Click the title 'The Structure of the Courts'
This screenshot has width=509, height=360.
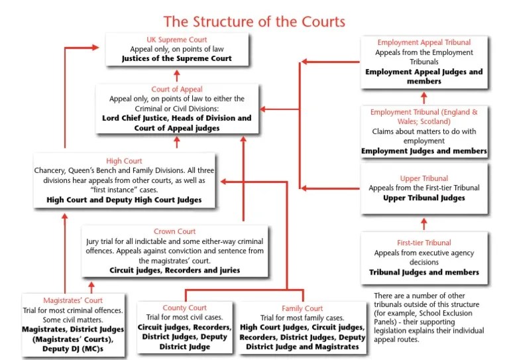tap(254, 21)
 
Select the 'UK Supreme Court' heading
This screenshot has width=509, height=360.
tap(176, 39)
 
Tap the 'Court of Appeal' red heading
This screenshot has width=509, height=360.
tap(176, 89)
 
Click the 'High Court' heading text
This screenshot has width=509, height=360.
tap(124, 161)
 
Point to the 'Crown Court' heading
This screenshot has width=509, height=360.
tap(174, 231)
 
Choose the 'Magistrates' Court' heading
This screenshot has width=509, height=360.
tap(73, 300)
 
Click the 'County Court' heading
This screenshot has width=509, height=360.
tap(185, 308)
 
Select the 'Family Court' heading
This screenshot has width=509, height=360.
tap(302, 308)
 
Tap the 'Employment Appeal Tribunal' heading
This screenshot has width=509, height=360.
tap(424, 42)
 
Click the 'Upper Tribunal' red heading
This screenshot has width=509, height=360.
tap(424, 178)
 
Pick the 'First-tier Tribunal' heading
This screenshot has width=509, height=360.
tap(424, 243)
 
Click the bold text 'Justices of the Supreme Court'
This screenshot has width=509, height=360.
tap(176, 58)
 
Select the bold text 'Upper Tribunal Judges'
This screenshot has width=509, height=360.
tap(424, 198)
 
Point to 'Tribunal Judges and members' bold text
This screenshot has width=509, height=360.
tap(424, 272)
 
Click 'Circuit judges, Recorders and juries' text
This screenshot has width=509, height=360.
tap(174, 270)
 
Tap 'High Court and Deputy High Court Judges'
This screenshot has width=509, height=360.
tap(124, 199)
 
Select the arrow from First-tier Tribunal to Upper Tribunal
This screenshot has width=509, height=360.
tap(424, 223)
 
